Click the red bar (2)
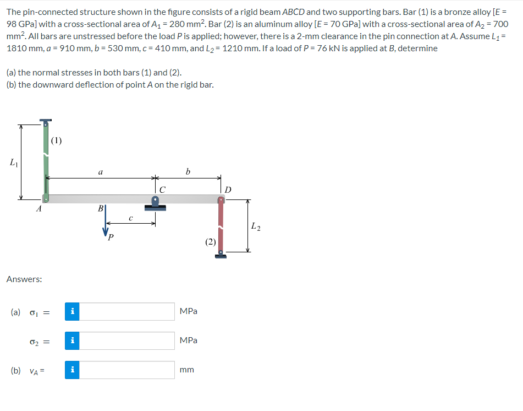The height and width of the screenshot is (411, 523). pyautogui.click(x=221, y=226)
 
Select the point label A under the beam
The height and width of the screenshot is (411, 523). pyautogui.click(x=38, y=209)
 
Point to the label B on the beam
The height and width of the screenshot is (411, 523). pyautogui.click(x=100, y=209)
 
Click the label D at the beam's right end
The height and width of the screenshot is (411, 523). pyautogui.click(x=228, y=190)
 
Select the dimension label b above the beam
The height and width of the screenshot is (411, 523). pyautogui.click(x=188, y=171)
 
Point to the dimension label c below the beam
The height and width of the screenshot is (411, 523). pyautogui.click(x=130, y=218)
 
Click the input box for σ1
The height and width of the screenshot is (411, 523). pyautogui.click(x=127, y=311)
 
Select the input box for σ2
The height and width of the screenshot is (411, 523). pyautogui.click(x=127, y=340)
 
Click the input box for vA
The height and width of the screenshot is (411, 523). pyautogui.click(x=127, y=370)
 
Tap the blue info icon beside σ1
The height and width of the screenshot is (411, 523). pyautogui.click(x=72, y=311)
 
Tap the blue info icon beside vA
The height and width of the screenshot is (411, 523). pyautogui.click(x=72, y=370)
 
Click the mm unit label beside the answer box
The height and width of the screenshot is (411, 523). pyautogui.click(x=186, y=370)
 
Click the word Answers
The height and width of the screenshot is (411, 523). pyautogui.click(x=24, y=279)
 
